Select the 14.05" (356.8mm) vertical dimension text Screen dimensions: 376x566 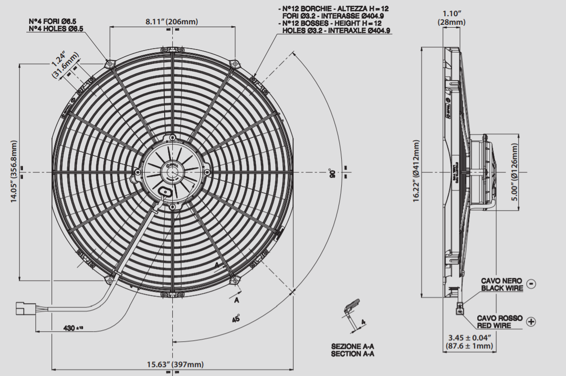[14, 172]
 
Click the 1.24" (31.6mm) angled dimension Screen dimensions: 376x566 [65, 65]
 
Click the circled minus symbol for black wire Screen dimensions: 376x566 [531, 285]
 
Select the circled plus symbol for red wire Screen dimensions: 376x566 [531, 322]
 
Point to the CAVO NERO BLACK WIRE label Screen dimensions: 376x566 [502, 285]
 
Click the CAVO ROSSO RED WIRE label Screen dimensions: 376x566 [500, 322]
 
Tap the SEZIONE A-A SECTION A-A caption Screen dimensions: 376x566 [353, 350]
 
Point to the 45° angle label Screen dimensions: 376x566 [236, 319]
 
